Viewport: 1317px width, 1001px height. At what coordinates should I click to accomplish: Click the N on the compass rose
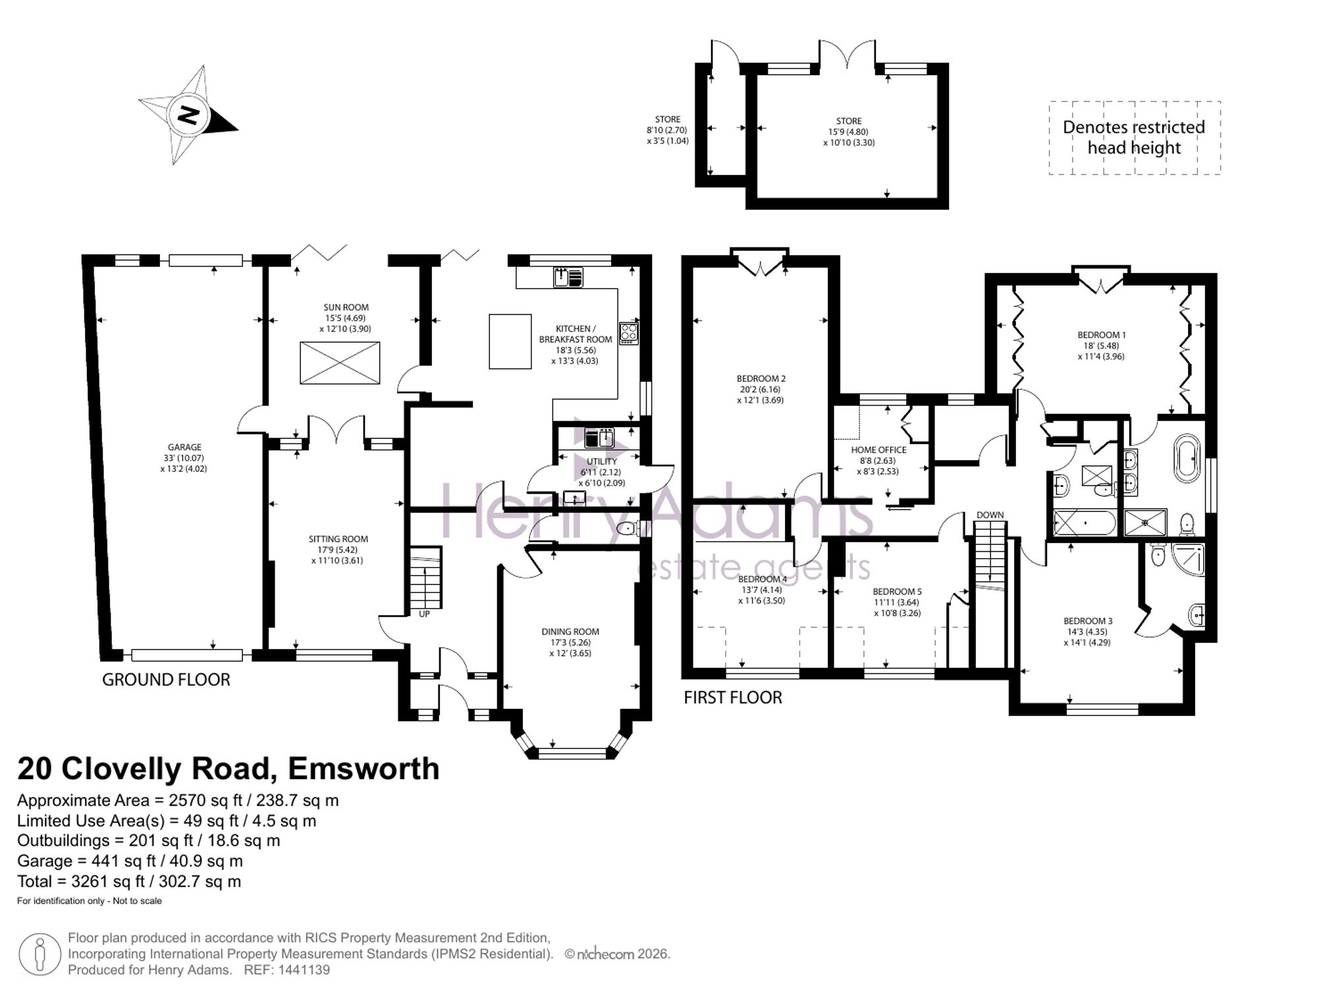188,115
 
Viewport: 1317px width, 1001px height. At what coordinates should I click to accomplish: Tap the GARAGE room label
184,447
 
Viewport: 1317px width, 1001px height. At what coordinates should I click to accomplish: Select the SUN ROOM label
346,307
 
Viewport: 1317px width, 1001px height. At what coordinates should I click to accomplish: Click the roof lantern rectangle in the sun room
340,363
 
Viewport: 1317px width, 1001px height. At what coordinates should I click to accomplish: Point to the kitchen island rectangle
510,341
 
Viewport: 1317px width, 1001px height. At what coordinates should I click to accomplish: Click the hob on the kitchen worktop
629,334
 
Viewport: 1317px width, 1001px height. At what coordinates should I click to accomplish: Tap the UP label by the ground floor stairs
424,614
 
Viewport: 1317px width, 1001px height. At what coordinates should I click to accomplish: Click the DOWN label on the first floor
990,515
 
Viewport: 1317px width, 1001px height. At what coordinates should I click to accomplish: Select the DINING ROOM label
570,632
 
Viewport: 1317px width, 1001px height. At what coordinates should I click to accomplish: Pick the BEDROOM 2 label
761,378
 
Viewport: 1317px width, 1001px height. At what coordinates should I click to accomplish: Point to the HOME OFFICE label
878,449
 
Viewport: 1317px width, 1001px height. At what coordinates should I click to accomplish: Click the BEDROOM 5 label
898,592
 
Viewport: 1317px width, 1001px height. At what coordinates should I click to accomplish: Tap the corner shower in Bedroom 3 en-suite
1189,559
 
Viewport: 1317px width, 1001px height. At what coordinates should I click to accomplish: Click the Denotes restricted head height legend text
1134,138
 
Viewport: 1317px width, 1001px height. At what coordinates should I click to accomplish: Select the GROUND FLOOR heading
166,680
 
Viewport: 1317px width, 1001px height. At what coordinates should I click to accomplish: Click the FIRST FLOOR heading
733,698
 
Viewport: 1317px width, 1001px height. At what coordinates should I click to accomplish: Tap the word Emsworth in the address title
363,769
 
